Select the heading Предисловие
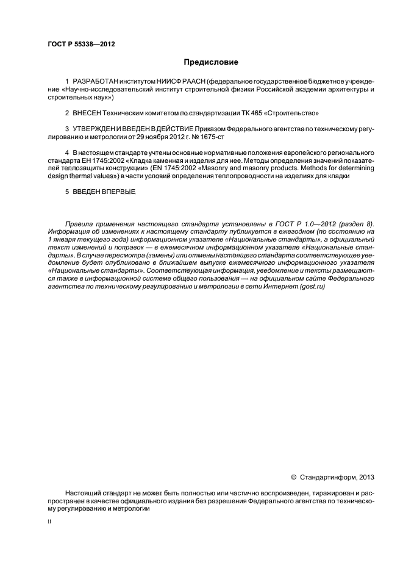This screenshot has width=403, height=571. click(211, 62)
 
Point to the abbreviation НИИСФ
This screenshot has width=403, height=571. click(166, 81)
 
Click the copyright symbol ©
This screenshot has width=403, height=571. click(293, 476)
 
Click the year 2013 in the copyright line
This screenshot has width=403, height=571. click(366, 476)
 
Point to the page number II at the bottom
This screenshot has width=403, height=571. click(50, 522)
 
